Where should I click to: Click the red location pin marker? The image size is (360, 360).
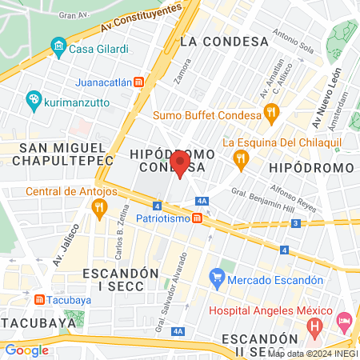pyautogui.click(x=180, y=164)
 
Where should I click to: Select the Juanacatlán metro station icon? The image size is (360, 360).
pyautogui.click(x=138, y=82)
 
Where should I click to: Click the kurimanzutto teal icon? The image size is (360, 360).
pyautogui.click(x=34, y=101)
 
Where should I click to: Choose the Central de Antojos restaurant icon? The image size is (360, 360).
pyautogui.click(x=100, y=209)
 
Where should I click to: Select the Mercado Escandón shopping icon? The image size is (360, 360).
pyautogui.click(x=217, y=280)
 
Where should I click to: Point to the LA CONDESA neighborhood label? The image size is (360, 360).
pyautogui.click(x=223, y=41)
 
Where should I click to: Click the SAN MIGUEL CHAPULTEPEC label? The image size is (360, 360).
pyautogui.click(x=62, y=154)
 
